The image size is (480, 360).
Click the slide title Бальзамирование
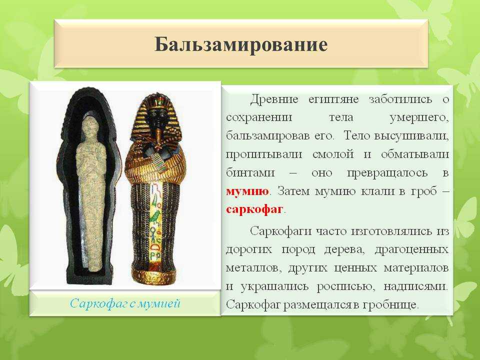pyautogui.click(x=241, y=44)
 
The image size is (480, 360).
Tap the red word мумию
pyautogui.click(x=247, y=191)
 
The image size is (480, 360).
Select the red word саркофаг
pyautogui.click(x=254, y=209)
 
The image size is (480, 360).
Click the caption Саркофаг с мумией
pyautogui.click(x=125, y=303)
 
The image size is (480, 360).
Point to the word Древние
pyautogui.click(x=274, y=99)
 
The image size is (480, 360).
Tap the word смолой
pyautogui.click(x=333, y=154)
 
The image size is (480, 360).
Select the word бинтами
pyautogui.click(x=250, y=172)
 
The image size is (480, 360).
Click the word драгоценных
pyautogui.click(x=411, y=250)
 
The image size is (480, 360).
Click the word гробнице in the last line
pyautogui.click(x=390, y=305)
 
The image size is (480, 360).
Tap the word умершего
pyautogui.click(x=419, y=118)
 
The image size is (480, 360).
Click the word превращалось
pyautogui.click(x=387, y=173)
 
